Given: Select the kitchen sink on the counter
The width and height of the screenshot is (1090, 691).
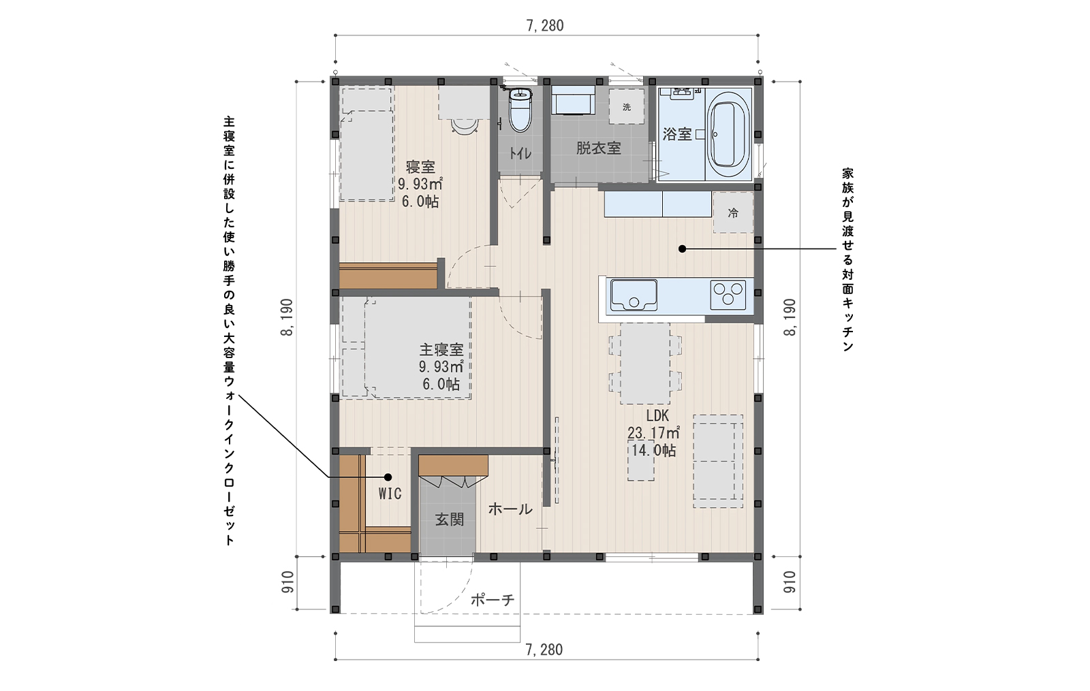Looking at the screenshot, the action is (634, 295).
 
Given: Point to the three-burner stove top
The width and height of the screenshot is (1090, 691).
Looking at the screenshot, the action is (728, 295).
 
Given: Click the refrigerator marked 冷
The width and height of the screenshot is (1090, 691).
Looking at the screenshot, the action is (733, 212).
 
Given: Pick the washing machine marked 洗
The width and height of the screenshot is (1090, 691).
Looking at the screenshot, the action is (627, 106).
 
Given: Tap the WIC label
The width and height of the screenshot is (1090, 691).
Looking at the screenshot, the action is (390, 494).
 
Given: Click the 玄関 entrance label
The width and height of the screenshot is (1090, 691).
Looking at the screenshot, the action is (449, 520).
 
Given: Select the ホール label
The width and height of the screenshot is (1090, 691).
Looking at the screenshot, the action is (510, 509).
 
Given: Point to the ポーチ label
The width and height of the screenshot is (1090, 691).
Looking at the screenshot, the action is (493, 600).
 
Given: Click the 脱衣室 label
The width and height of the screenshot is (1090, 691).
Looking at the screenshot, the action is (599, 148).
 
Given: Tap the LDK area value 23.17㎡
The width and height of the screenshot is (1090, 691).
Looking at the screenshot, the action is (653, 432).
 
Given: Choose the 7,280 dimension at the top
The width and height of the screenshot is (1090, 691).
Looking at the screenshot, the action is (545, 25).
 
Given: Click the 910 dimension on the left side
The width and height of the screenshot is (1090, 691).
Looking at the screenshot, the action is (287, 582).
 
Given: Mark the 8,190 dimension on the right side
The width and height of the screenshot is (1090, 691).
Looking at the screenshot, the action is (790, 317).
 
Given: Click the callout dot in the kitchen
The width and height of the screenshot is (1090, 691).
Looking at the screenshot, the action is (682, 249).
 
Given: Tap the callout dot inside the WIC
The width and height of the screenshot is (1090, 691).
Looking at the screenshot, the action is (388, 477).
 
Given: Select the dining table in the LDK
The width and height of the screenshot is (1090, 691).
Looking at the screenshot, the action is (644, 364).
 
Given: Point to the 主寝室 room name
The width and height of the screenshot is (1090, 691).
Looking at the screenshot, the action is (441, 350).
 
